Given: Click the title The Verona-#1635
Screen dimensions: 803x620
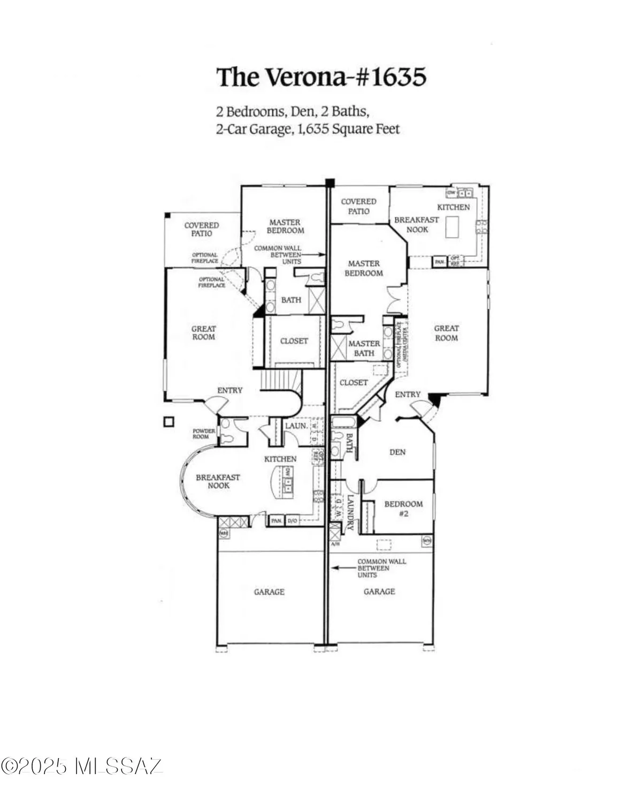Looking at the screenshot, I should coord(321,77).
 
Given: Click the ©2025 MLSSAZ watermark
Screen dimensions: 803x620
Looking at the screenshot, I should coord(81,766).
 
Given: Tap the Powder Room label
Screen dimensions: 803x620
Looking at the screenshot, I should coord(204,434).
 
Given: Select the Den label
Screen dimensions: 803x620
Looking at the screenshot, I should coord(397,452).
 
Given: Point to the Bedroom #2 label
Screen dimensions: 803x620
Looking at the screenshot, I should coord(403,509).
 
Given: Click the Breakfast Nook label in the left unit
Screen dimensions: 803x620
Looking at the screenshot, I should coord(218,481).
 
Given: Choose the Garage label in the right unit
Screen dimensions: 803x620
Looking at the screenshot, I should coord(379,591).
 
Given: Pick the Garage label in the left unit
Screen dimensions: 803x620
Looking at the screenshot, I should coord(269,592).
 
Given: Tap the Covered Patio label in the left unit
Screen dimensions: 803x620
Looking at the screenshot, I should coord(202,229).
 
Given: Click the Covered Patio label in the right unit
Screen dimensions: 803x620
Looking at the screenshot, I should coord(358,206).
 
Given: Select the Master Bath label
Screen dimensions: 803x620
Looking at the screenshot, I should coord(364,348).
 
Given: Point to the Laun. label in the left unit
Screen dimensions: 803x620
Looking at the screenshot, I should coord(296,426).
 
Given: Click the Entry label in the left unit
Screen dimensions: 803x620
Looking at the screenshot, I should coord(229,390).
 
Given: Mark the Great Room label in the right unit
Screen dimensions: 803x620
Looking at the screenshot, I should coord(446,333).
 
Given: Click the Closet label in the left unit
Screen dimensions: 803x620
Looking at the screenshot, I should coord(294,340).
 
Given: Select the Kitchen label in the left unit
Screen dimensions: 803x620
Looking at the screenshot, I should coord(280,459).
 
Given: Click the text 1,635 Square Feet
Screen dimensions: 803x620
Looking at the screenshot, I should coord(347,128).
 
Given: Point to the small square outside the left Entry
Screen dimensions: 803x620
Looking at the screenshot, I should coord(169,422).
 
